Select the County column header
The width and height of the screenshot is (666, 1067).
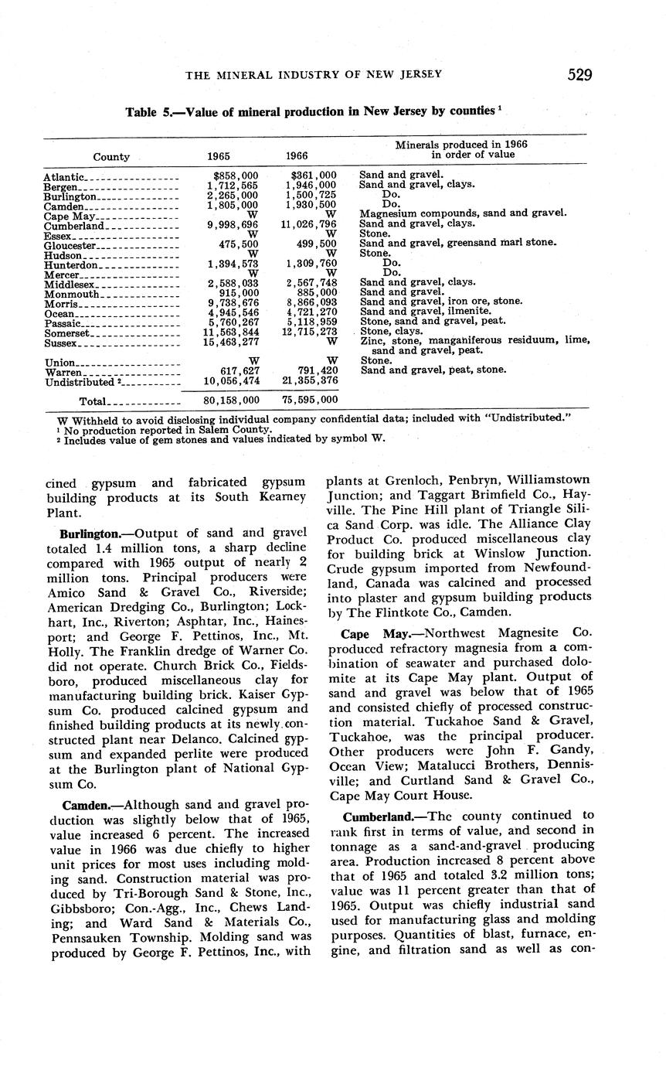111,157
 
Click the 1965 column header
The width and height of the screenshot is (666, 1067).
219,157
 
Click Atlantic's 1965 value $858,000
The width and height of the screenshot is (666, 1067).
236,176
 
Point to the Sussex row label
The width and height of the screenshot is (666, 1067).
60,343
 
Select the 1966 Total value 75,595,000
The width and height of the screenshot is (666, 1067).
311,401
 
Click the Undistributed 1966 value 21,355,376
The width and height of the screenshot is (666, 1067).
311,380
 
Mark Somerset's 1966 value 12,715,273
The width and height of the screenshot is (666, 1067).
311,332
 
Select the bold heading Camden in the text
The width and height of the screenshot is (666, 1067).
83,805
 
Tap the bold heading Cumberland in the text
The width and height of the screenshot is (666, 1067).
375,815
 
